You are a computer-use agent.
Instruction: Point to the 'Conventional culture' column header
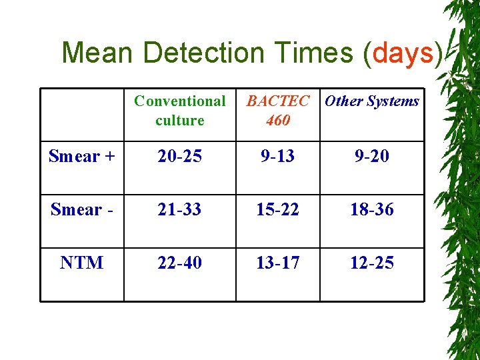[x=179, y=111]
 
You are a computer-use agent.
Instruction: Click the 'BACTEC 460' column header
[x=278, y=111]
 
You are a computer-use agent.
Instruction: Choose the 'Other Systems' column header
[x=372, y=101]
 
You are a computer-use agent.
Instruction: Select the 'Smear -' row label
[x=81, y=209]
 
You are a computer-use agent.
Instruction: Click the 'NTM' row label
[x=81, y=263]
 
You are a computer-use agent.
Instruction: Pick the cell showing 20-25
[x=179, y=156]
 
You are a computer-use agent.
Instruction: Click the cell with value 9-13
[x=278, y=156]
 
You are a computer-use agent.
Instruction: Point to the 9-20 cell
[x=372, y=156]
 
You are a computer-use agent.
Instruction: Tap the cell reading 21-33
[x=179, y=209]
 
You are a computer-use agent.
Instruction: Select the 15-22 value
[x=278, y=209]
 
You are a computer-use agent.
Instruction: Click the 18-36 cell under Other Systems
[x=372, y=209]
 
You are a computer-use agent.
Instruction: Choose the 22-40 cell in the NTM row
[x=179, y=263]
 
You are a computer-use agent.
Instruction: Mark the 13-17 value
[x=278, y=263]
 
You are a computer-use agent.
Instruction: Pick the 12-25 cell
[x=372, y=263]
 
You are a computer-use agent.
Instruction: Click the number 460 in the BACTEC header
[x=278, y=121]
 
